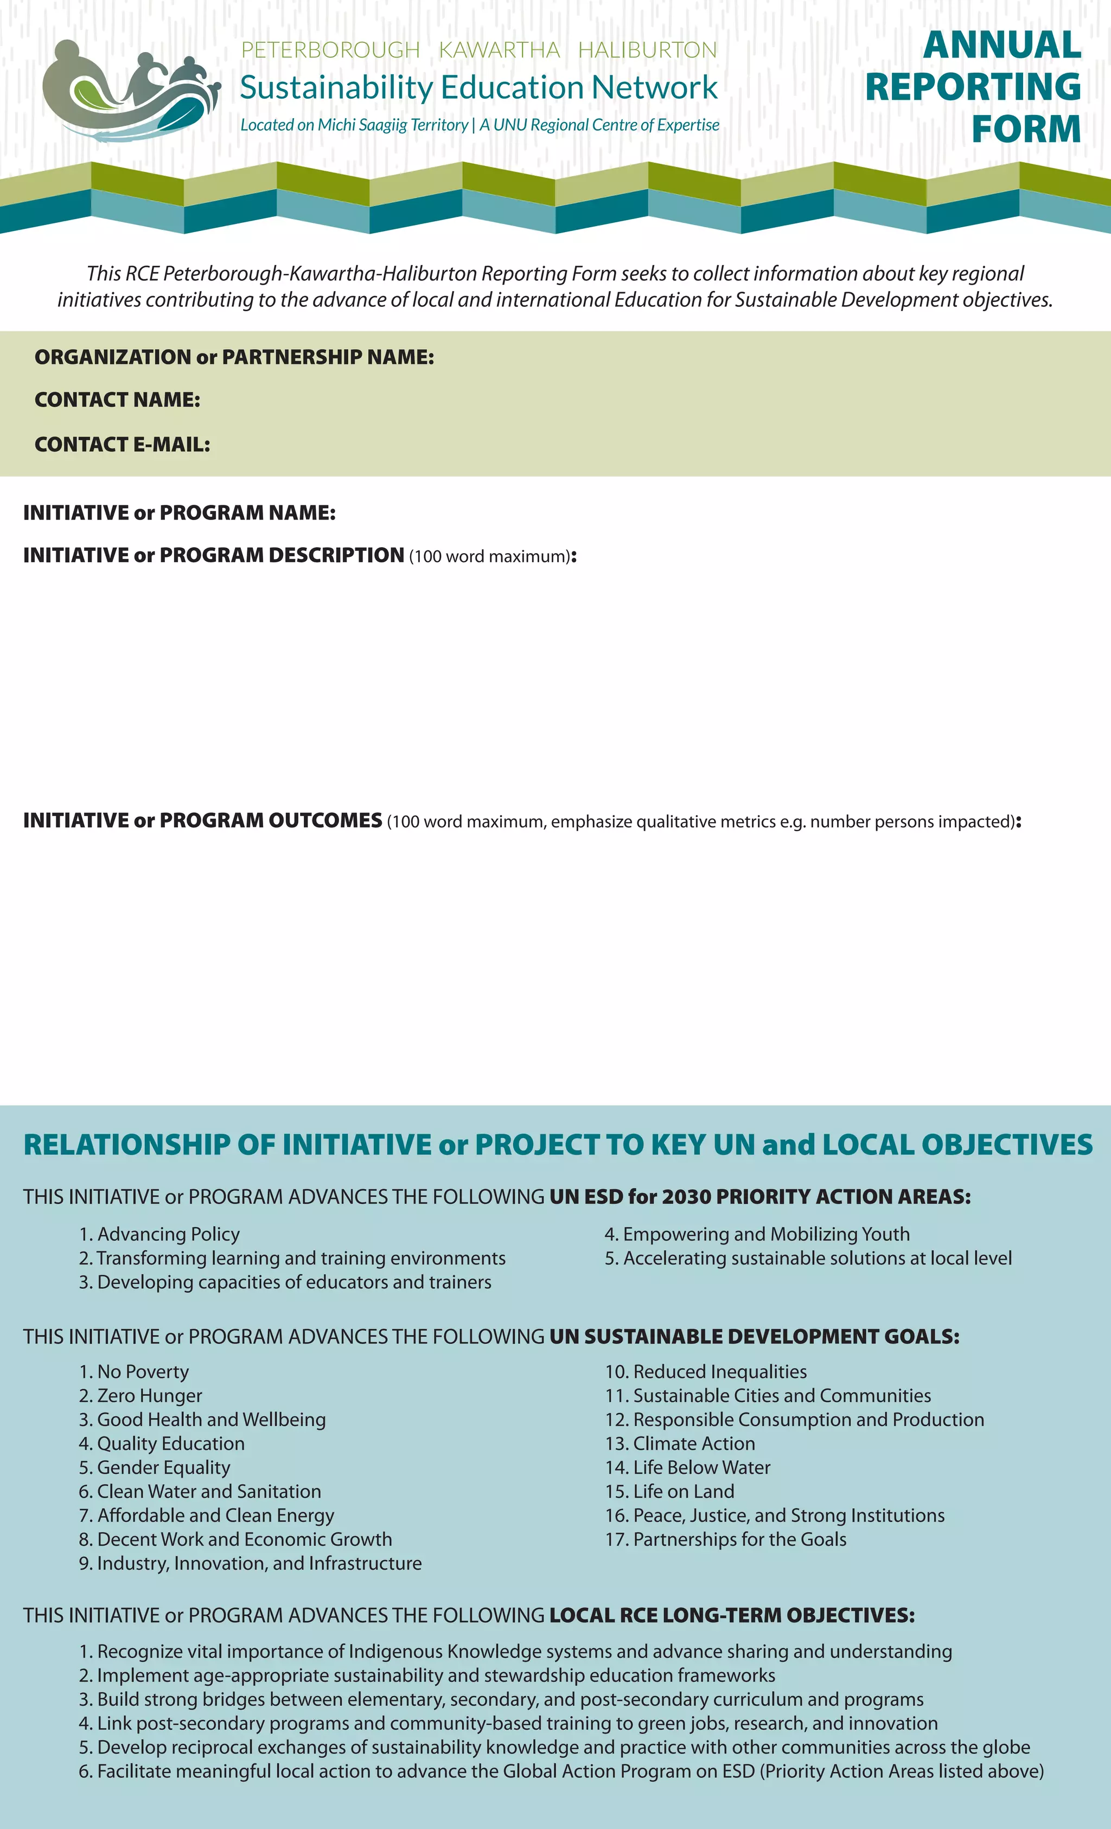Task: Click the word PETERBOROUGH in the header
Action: (330, 50)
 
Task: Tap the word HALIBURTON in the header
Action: (648, 50)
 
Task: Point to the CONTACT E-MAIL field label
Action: (123, 445)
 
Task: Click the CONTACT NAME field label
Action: (117, 400)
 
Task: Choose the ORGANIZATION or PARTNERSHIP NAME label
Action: (234, 357)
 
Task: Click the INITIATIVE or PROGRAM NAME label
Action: (179, 513)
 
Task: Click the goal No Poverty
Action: (135, 1372)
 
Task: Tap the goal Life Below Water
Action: (688, 1467)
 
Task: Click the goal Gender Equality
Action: (155, 1467)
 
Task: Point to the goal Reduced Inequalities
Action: (706, 1372)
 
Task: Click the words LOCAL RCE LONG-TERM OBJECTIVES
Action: (731, 1615)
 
